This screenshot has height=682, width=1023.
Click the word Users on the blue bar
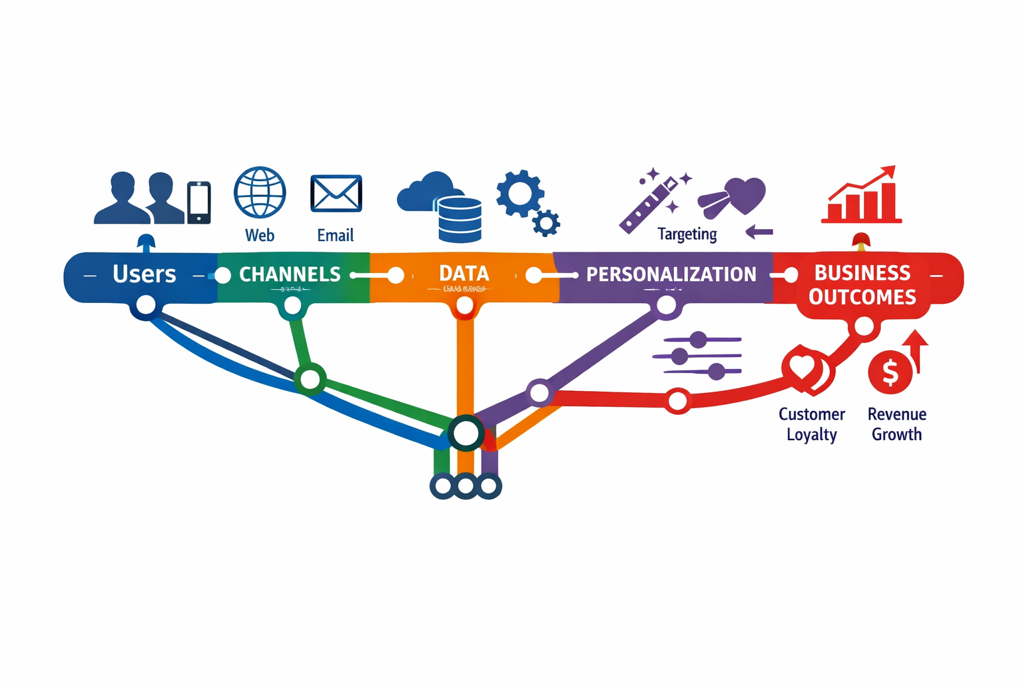pos(144,274)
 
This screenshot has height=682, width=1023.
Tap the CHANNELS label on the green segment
pos(290,274)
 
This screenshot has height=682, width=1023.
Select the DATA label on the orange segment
pos(464,274)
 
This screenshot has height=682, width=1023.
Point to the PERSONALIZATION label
pos(671,274)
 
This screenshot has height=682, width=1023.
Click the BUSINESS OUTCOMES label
pos(862,285)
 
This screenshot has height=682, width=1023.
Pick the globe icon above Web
pos(260,192)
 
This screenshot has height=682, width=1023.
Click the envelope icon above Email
pos(336,194)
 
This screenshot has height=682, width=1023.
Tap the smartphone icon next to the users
pos(198,202)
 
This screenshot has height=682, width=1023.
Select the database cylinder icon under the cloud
pos(460,220)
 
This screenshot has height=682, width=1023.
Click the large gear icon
pos(520,193)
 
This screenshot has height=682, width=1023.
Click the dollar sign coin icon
pos(890,372)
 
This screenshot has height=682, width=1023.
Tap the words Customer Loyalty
pos(811,424)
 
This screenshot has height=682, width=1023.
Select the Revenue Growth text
pos(896,424)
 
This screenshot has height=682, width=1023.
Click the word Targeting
pos(687,234)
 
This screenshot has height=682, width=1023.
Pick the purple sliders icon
pos(697,356)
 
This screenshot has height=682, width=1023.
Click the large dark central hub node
pos(466,434)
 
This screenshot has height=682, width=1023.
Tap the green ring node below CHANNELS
pos(310,380)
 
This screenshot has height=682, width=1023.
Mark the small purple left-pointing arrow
pos(759,232)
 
